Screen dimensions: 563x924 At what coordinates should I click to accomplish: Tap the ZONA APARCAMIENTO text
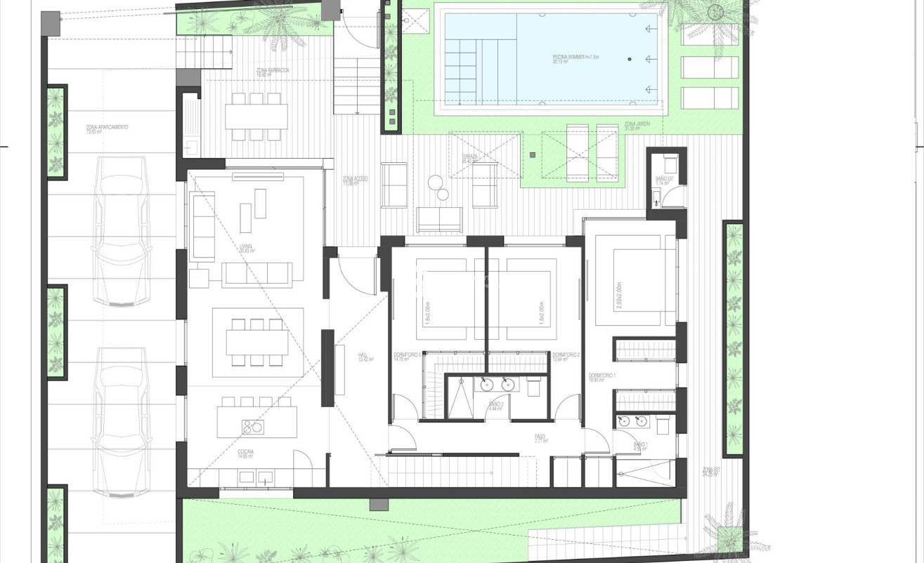click(107, 129)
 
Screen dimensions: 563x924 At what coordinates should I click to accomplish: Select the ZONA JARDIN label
click(637, 126)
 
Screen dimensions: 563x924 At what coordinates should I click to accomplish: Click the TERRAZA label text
click(470, 159)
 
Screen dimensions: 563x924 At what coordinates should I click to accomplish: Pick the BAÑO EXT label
click(665, 180)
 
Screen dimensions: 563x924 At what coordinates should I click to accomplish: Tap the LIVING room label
click(246, 248)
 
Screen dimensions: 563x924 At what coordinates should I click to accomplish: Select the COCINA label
click(245, 453)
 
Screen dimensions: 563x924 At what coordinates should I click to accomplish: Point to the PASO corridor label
click(541, 439)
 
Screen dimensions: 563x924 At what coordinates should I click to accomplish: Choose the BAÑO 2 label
click(495, 406)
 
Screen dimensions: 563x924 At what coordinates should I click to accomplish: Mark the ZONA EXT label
click(711, 472)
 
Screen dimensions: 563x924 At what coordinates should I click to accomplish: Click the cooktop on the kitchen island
click(252, 426)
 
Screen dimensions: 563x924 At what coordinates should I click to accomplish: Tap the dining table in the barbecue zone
click(256, 117)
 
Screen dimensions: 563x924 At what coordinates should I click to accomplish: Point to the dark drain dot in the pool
click(630, 60)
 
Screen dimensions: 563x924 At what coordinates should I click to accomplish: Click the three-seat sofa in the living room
click(256, 274)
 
